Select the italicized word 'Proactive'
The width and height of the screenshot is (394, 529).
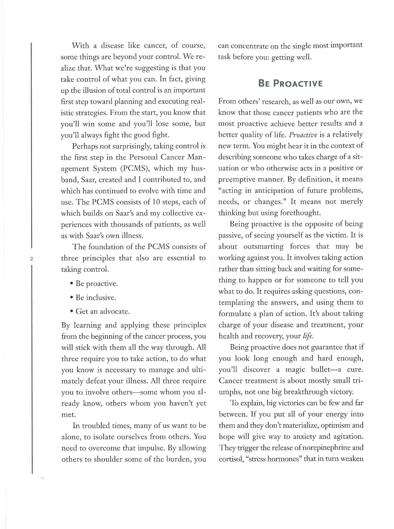point(303,135)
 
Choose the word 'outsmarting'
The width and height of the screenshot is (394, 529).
point(263,246)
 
